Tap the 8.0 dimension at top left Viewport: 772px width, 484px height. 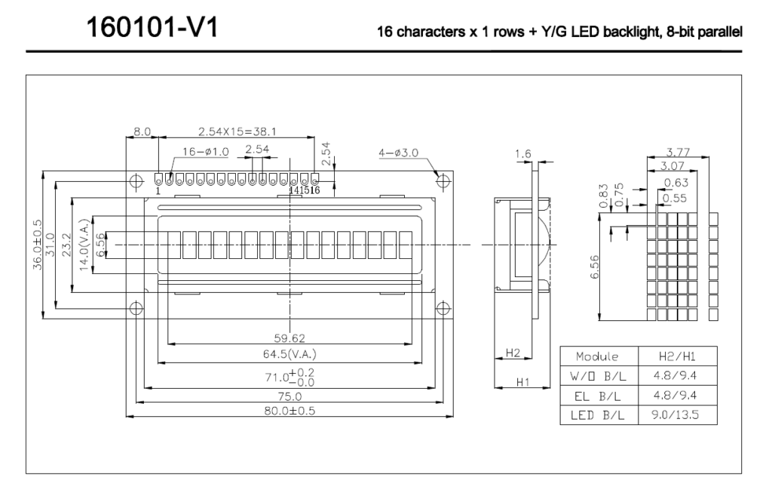pos(142,131)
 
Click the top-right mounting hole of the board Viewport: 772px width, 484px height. pos(444,180)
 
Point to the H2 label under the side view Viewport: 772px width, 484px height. pos(513,353)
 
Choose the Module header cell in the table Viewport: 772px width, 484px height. pos(597,356)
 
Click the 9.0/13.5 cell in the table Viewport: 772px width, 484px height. pos(673,415)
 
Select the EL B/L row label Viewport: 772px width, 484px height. pos(597,395)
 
